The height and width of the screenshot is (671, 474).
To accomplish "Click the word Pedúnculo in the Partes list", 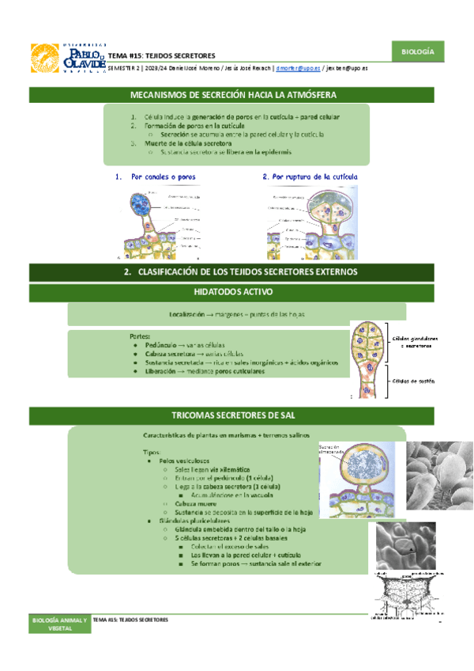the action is coord(159,345).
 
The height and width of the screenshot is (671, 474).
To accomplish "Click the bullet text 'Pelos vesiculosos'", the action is coord(184,461).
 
